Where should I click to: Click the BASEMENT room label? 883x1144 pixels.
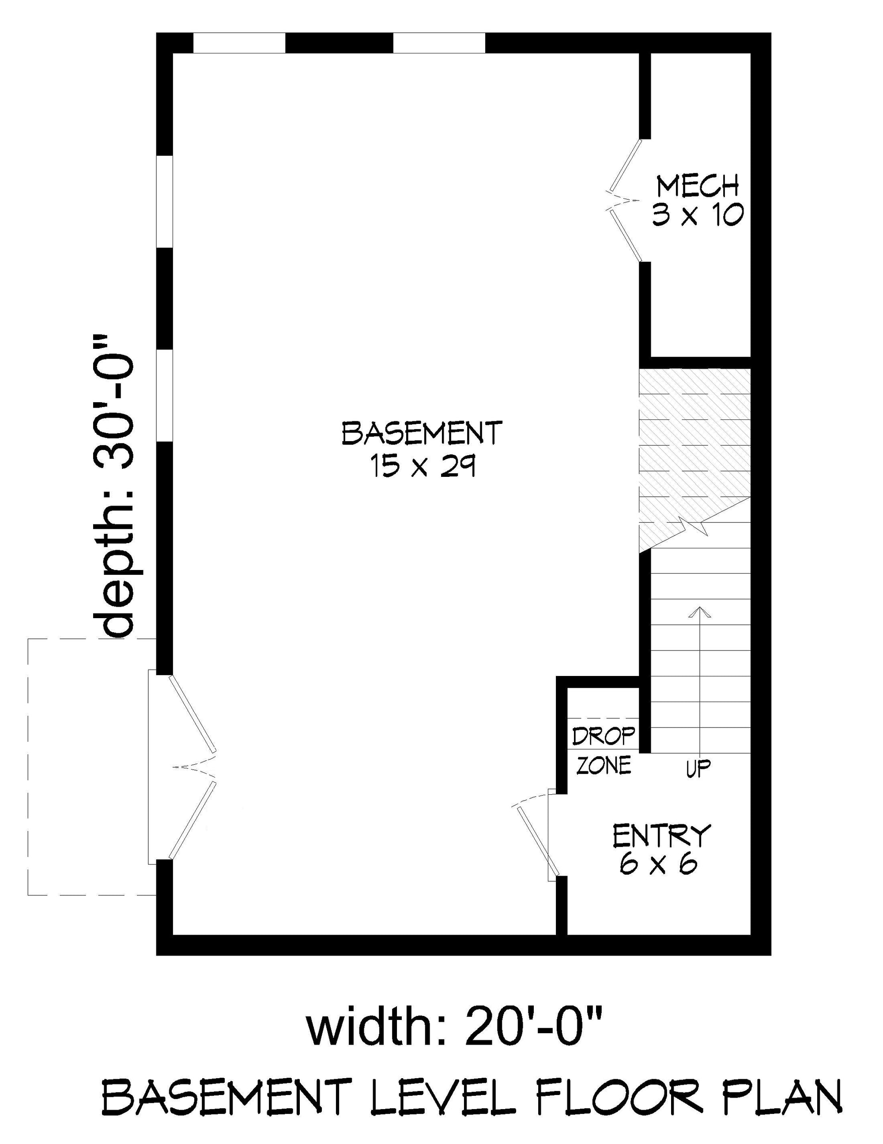(x=422, y=433)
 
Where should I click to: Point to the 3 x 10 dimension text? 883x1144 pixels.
(x=698, y=215)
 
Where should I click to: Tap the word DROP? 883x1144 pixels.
(x=604, y=736)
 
